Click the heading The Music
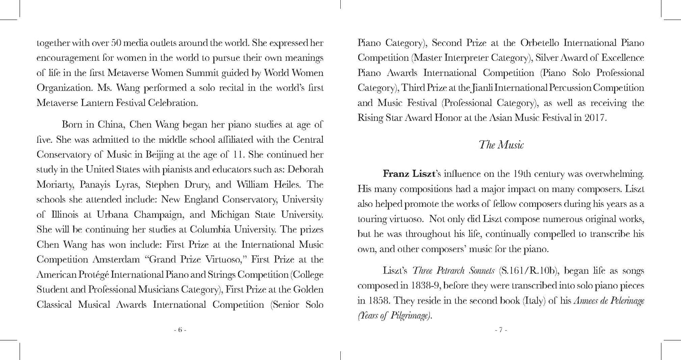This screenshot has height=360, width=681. click(501, 145)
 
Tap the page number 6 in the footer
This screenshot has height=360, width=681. click(180, 330)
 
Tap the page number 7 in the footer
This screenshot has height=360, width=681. click(501, 330)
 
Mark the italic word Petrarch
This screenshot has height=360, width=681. click(451, 271)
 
